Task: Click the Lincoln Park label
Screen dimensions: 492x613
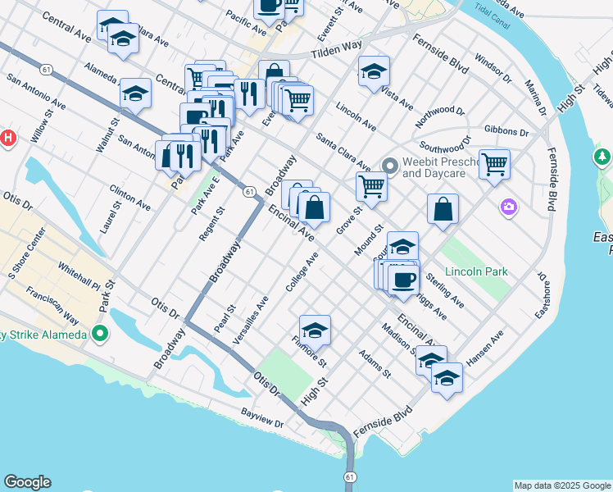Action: click(476, 271)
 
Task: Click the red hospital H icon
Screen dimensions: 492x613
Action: click(7, 138)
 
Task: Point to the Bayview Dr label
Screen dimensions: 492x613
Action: click(262, 418)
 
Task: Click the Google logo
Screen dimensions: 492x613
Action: click(27, 482)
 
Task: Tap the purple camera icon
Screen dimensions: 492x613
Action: click(509, 207)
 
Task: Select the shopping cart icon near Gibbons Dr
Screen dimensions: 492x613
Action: click(494, 164)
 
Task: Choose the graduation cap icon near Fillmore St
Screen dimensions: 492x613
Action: click(315, 330)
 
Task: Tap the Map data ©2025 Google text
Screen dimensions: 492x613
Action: click(562, 485)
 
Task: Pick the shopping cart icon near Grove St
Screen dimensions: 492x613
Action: click(371, 187)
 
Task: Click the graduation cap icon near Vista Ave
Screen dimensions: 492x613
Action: click(373, 71)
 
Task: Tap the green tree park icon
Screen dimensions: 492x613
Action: click(602, 156)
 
